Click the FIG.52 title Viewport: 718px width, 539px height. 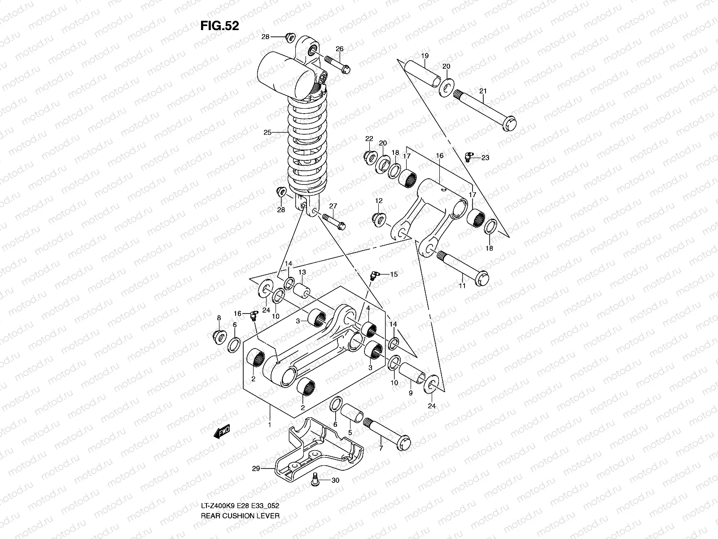pos(219,26)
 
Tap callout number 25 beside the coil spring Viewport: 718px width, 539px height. pos(267,133)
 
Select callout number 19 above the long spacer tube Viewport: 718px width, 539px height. pos(425,56)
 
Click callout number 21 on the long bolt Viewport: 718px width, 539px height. pos(483,91)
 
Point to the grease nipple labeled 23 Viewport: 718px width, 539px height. pos(469,156)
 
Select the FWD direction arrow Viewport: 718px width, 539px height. pos(222,432)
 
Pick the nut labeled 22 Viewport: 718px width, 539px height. pos(370,156)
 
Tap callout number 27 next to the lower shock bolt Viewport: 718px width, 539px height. pos(333,206)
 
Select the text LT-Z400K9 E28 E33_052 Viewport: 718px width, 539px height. pos(241,518)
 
